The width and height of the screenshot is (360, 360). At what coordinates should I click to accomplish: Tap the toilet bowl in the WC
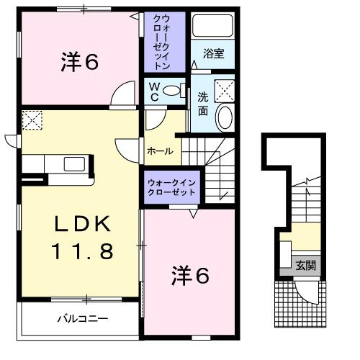click(x=171, y=91)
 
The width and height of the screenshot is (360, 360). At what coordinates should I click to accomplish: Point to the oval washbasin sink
click(x=225, y=117)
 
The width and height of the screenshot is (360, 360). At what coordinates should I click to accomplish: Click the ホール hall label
click(x=159, y=150)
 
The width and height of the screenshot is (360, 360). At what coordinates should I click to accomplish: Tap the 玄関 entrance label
click(x=305, y=266)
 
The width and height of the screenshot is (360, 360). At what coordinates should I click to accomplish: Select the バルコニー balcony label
click(x=83, y=317)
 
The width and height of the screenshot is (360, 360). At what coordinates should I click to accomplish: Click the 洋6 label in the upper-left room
click(x=79, y=63)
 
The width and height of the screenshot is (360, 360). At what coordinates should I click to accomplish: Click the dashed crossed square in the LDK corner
click(x=32, y=119)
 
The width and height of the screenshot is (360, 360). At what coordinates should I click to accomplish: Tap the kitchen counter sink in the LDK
click(x=75, y=163)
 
